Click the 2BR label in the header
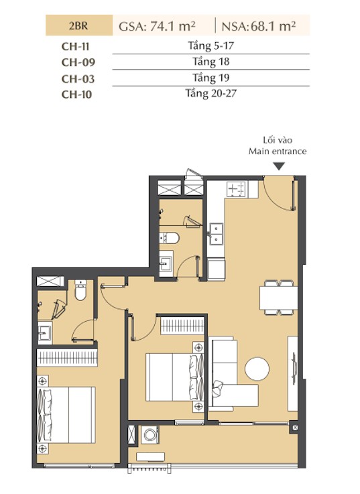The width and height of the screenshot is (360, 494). point(78,25)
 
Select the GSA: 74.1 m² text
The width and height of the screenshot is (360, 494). point(157,26)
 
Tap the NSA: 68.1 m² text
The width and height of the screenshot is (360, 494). point(259,26)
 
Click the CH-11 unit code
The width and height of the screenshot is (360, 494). point(75,47)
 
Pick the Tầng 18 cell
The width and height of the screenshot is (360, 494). point(211,62)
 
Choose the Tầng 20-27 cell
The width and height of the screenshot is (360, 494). point(211,93)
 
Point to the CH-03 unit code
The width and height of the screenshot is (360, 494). point(78,79)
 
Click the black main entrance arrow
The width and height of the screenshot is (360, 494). point(279,166)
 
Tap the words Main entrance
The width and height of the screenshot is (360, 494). point(278,151)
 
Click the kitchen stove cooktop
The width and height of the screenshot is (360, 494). point(237,189)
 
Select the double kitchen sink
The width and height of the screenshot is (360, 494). point(217,234)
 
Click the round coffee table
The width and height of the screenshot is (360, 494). point(257,369)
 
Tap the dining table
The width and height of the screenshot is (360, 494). point(278,298)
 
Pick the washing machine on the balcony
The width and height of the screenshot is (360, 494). point(149,435)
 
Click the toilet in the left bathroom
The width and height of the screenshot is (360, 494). point(80,290)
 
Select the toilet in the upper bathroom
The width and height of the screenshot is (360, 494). point(169,238)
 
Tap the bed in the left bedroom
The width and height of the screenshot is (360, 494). point(66,415)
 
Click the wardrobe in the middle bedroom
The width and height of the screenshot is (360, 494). point(182,326)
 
